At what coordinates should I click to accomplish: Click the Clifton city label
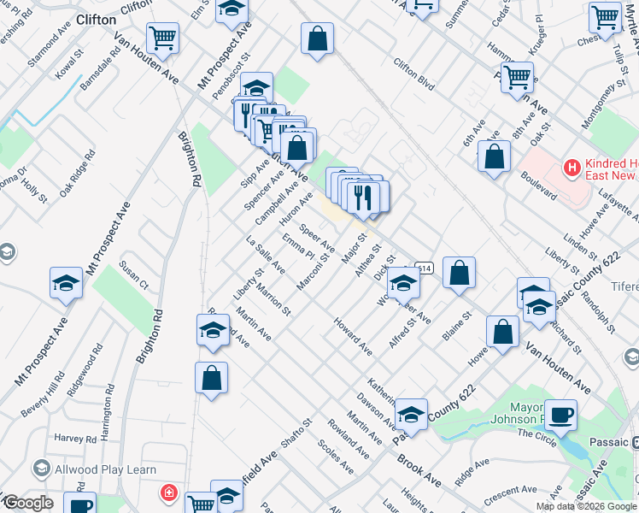[96, 19]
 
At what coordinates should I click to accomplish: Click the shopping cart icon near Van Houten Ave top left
[161, 38]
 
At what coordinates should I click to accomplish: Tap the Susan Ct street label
[134, 274]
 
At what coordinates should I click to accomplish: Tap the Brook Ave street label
[418, 469]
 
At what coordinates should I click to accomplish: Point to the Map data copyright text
[587, 506]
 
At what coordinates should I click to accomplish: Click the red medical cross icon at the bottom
[169, 493]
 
